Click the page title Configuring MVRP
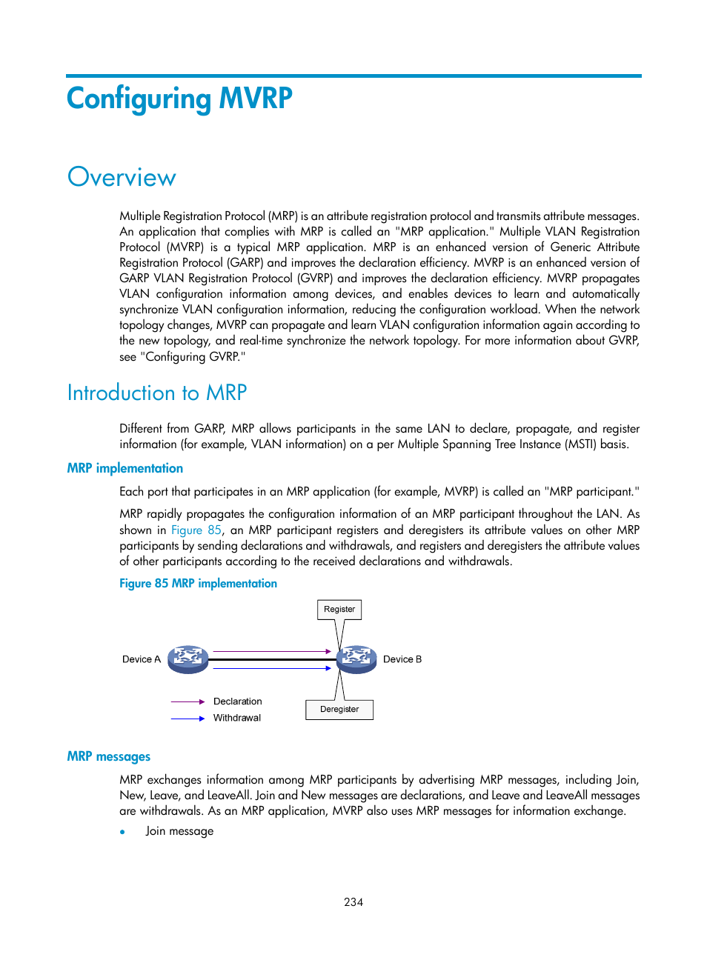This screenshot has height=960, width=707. (x=179, y=99)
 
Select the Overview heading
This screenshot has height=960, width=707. (x=122, y=178)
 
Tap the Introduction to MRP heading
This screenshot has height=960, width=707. (x=156, y=393)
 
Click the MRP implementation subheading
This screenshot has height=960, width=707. (x=125, y=468)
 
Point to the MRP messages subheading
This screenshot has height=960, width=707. (x=108, y=756)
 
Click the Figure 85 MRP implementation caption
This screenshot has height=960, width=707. (x=198, y=584)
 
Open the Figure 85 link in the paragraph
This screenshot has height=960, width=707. (x=196, y=530)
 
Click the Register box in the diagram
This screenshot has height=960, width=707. (x=339, y=610)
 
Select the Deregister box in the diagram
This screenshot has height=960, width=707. (x=339, y=710)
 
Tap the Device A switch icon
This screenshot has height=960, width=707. (x=187, y=659)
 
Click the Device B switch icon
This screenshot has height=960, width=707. (x=356, y=659)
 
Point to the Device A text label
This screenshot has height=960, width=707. (x=141, y=659)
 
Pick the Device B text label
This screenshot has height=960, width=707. (x=402, y=659)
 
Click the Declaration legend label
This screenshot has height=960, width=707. (x=237, y=701)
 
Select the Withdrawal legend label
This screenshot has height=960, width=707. (x=237, y=718)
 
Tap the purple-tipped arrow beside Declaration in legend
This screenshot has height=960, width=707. (x=187, y=701)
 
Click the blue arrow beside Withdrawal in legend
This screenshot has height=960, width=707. (x=187, y=719)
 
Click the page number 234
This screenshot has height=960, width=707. (x=353, y=902)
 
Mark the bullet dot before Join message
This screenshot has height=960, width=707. (x=122, y=832)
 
